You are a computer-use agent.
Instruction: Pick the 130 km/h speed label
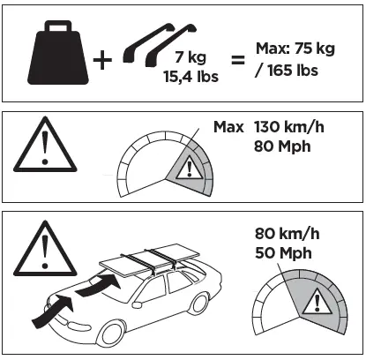[x=288, y=127]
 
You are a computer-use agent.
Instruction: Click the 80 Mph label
[x=282, y=146]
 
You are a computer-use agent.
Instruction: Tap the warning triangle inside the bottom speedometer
[x=311, y=302]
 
